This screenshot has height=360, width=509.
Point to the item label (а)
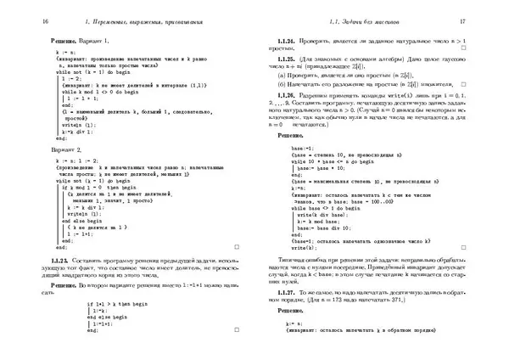click(282, 76)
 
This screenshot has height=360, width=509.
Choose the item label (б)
click(282, 86)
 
